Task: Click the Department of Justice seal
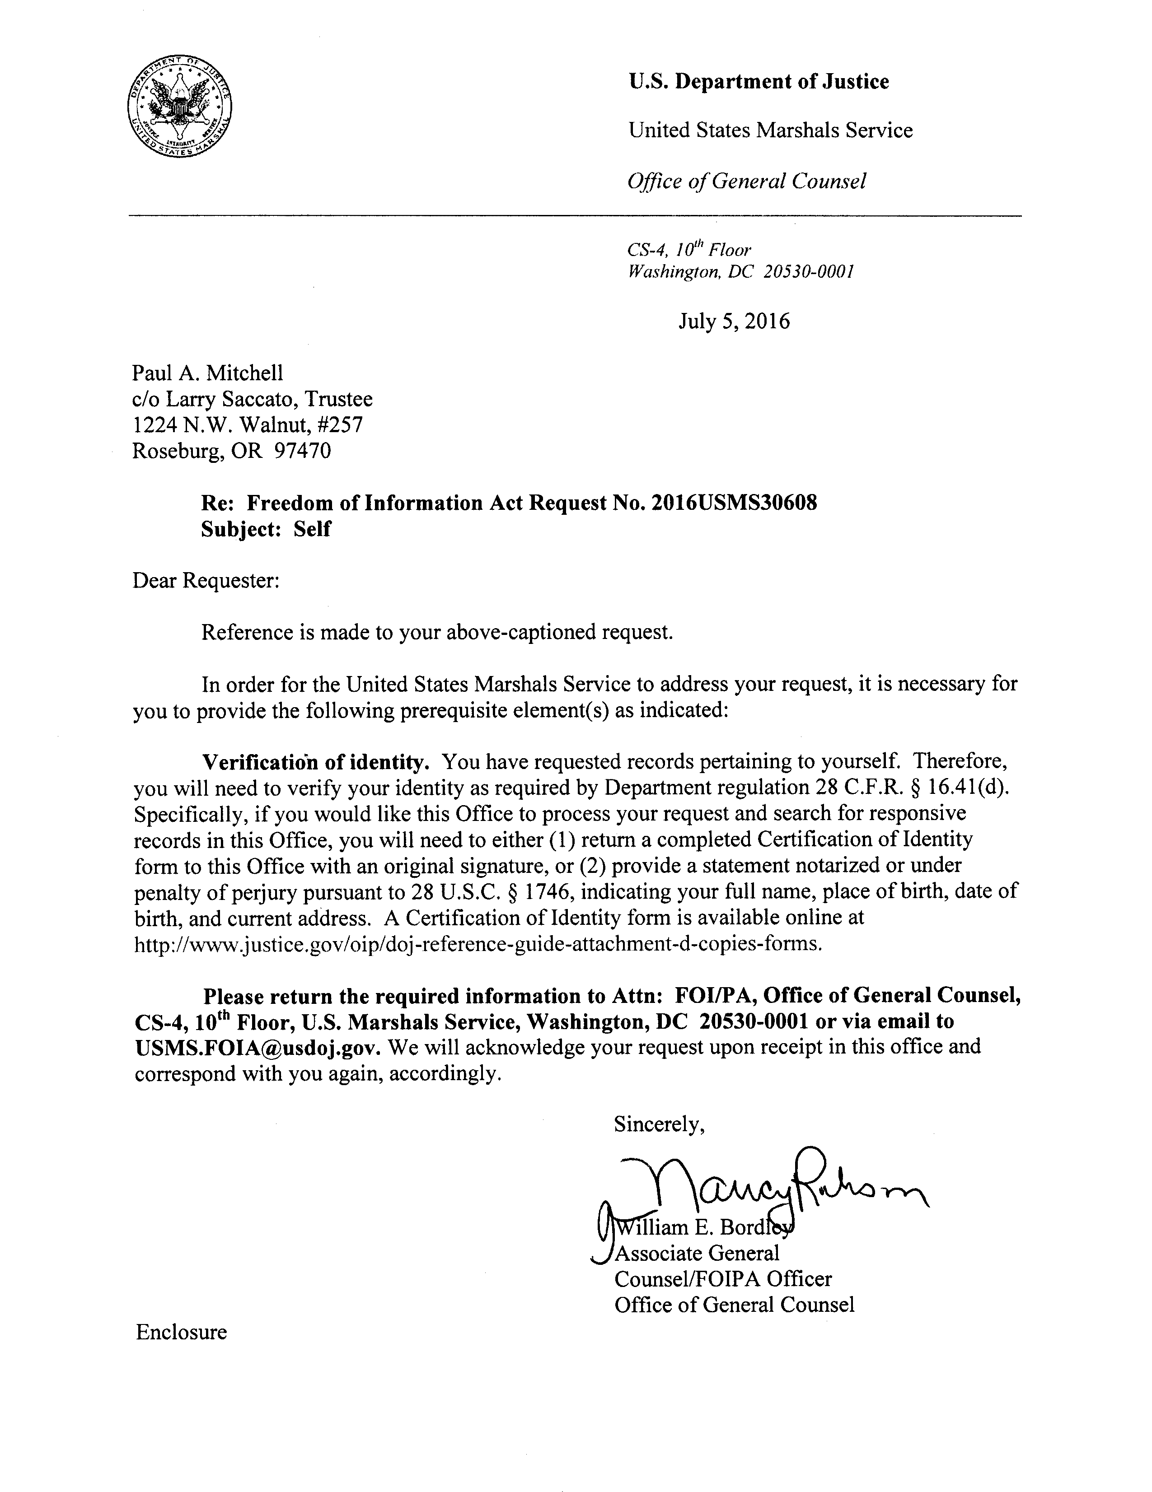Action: [179, 108]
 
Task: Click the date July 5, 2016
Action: [734, 321]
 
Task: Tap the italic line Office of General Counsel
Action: [747, 181]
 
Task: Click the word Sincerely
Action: [657, 1124]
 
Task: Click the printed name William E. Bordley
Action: [704, 1228]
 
